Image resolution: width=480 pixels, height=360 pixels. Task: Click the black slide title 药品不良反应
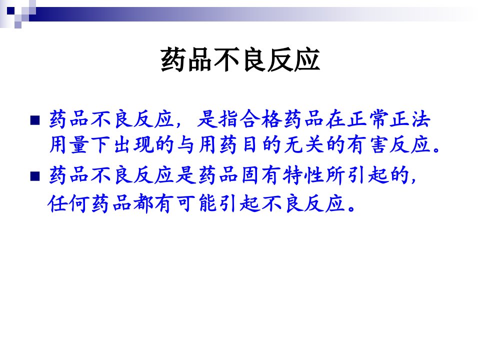click(x=240, y=59)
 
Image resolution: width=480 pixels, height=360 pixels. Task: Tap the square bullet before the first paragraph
click(x=35, y=120)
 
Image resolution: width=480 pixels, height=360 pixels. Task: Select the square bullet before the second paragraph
click(x=35, y=176)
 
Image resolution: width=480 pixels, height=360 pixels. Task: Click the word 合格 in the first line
click(x=261, y=119)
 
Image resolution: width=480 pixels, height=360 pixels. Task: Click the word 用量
click(x=69, y=144)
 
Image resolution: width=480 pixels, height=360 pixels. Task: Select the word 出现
click(x=133, y=144)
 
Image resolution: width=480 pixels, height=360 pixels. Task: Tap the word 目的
click(x=261, y=144)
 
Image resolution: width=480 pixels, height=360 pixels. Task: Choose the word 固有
click(x=261, y=175)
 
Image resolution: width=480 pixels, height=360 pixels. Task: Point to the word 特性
click(x=303, y=175)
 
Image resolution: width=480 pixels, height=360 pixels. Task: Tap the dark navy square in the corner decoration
click(x=10, y=11)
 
